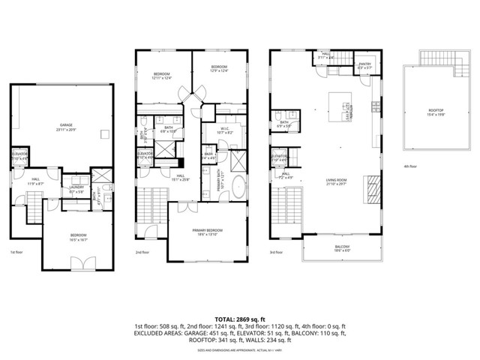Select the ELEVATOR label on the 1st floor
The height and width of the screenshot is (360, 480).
click(x=20, y=155)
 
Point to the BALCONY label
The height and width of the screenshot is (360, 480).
click(x=341, y=249)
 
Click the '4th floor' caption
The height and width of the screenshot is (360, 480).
click(x=410, y=166)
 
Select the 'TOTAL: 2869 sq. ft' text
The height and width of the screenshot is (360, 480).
click(x=239, y=319)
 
